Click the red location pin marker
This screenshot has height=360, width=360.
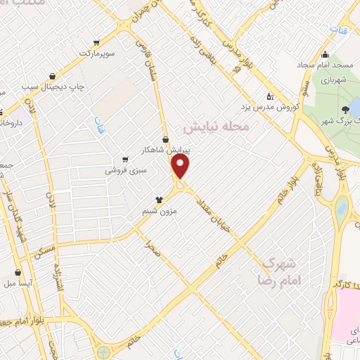(x=181, y=167)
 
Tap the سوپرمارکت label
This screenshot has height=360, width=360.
(x=96, y=53)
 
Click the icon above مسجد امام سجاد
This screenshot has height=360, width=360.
(x=324, y=56)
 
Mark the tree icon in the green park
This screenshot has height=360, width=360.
(x=345, y=109)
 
